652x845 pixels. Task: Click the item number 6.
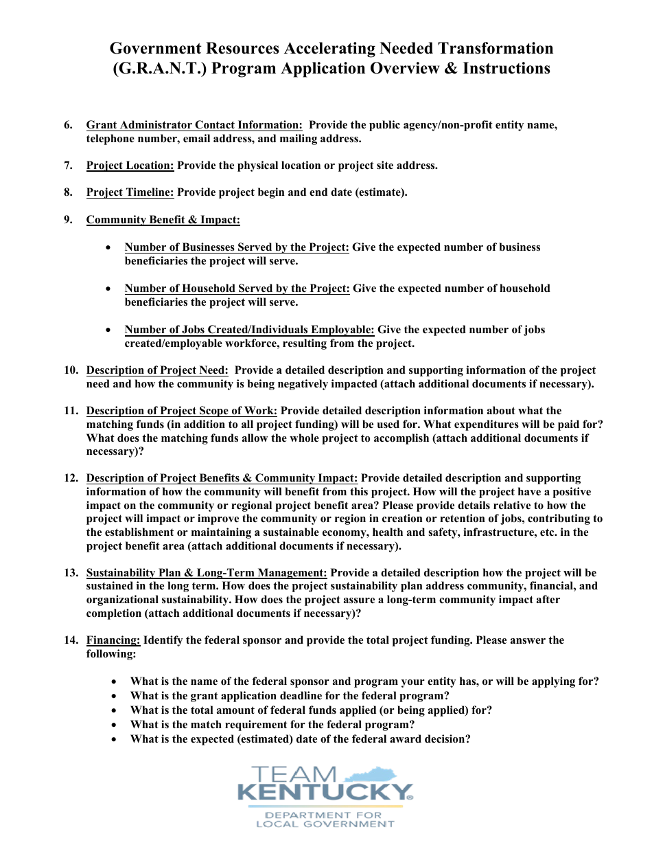click(68, 125)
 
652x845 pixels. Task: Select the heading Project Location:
click(130, 166)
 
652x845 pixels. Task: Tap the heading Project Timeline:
click(130, 192)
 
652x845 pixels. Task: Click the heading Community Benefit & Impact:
click(163, 220)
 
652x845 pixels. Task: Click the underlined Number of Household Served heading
click(237, 289)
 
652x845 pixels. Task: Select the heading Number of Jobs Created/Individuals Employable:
click(249, 330)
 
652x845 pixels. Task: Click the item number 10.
click(71, 370)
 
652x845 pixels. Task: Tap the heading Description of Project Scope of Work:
click(181, 411)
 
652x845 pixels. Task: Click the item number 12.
click(71, 478)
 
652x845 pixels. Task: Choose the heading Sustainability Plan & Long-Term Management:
click(207, 573)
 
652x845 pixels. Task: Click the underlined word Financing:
click(113, 640)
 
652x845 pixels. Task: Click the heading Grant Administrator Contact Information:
click(194, 125)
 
